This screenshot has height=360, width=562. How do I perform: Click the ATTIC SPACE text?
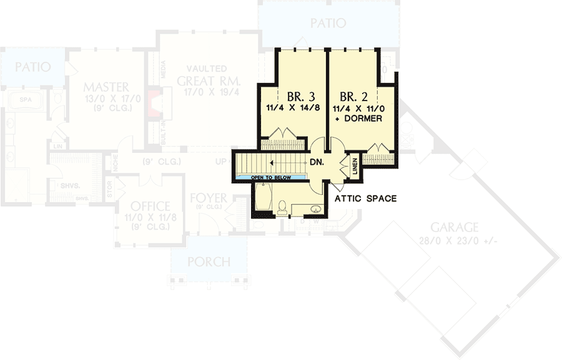[x=366, y=199]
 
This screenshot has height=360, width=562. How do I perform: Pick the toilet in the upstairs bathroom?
[x=282, y=205]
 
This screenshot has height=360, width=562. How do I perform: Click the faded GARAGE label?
[x=454, y=228]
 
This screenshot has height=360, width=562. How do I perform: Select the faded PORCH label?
[x=209, y=261]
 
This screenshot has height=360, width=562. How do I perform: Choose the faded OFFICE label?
[x=150, y=207]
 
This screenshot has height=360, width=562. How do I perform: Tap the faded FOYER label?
[x=209, y=198]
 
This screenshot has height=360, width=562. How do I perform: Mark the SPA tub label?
[x=26, y=100]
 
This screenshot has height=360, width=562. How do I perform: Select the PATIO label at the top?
[x=328, y=24]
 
